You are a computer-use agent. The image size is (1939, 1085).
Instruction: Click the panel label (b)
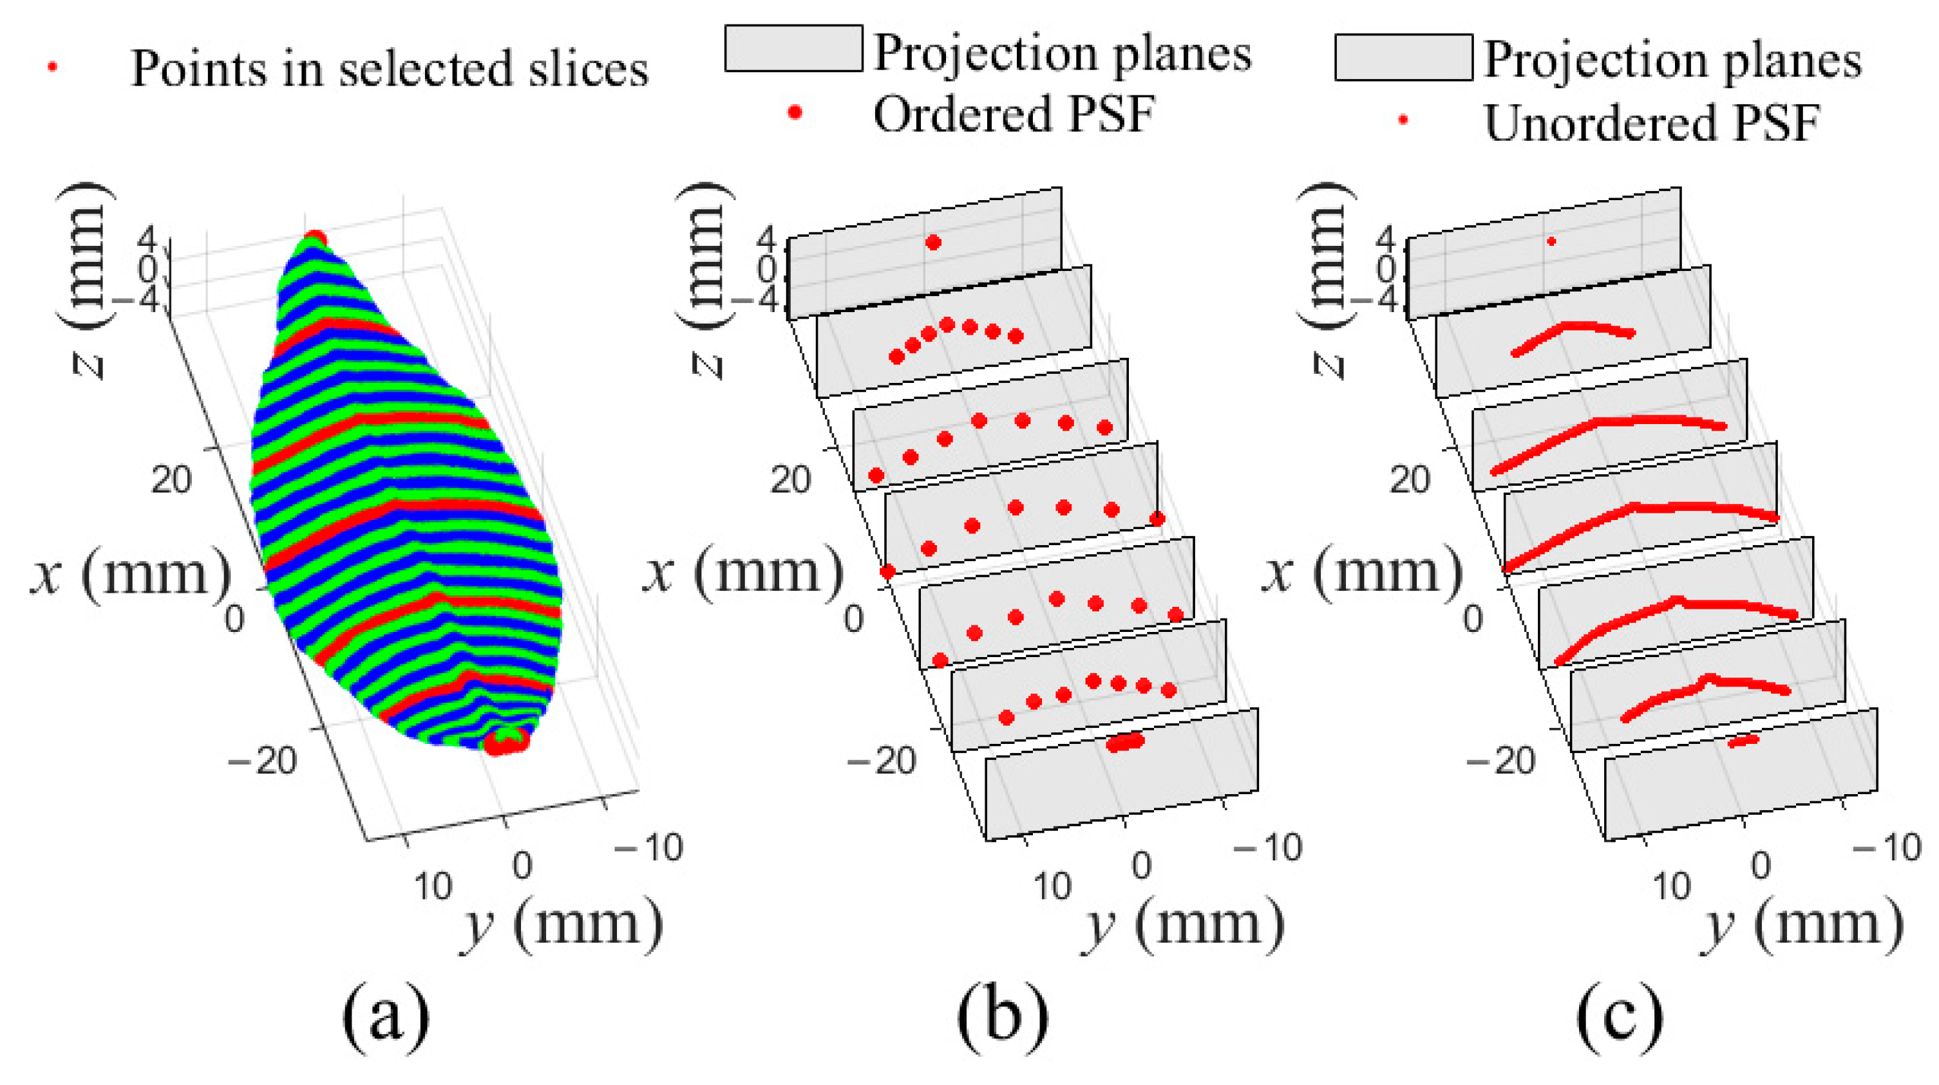[x=1003, y=1017]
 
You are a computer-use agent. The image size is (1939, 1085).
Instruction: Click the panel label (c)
[x=1620, y=1017]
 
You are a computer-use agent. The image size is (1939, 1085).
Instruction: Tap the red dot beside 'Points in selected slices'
[x=53, y=67]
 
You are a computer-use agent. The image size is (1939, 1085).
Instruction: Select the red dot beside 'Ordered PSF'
[x=794, y=113]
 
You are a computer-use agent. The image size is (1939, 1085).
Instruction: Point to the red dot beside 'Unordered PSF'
[x=1403, y=120]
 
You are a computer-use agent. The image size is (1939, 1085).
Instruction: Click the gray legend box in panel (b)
[x=793, y=49]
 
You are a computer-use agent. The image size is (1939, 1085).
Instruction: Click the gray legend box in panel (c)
[x=1403, y=57]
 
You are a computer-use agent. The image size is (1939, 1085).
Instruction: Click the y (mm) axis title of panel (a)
[x=562, y=926]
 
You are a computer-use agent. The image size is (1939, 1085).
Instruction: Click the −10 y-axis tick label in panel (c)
[x=1886, y=848]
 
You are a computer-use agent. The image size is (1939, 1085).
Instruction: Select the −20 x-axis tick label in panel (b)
[x=882, y=761]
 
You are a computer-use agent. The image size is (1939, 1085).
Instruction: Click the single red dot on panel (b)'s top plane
[x=933, y=242]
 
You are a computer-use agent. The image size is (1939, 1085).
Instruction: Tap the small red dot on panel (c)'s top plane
[x=1551, y=241]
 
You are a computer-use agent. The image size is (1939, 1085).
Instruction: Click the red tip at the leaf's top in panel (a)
[x=316, y=239]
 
